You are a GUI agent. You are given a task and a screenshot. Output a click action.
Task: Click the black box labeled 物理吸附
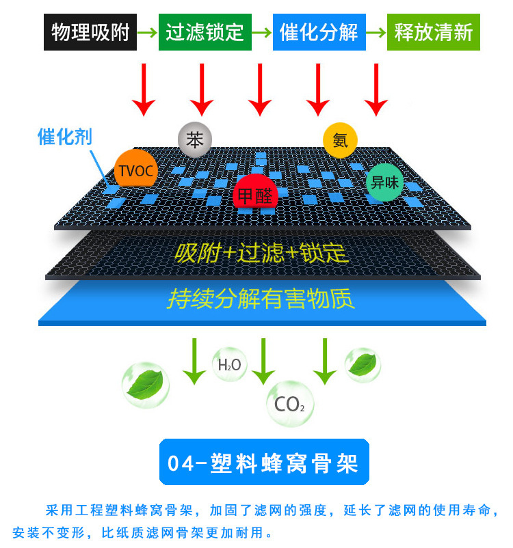point(90,32)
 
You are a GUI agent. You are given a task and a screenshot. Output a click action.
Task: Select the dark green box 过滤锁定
point(205,32)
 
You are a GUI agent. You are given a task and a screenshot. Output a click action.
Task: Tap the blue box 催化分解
point(319,32)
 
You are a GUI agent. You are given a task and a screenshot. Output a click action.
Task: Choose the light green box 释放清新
point(433,32)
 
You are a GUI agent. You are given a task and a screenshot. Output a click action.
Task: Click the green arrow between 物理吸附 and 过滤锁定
point(147,33)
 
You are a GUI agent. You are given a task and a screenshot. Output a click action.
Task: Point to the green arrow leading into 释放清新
point(376,33)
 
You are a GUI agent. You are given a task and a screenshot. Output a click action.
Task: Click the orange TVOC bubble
point(135,171)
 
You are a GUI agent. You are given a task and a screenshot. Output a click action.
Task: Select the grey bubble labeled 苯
point(195,140)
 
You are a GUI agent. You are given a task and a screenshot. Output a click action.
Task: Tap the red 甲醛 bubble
point(255,193)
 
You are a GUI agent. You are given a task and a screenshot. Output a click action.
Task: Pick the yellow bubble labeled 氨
point(340,141)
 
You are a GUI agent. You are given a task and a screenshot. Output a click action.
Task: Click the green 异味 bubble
point(384,182)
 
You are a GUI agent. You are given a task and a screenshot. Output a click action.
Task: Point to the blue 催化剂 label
point(65,136)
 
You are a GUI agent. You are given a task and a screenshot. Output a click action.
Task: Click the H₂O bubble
point(230,364)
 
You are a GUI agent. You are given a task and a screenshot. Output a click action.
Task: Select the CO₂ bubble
point(290,404)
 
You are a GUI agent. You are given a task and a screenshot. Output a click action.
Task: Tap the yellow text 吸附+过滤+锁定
point(261,252)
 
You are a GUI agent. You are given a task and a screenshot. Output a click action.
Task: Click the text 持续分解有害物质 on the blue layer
point(261,299)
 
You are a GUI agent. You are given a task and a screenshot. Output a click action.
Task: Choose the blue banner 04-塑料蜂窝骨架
point(264,462)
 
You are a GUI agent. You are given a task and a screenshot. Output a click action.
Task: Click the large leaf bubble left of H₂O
point(146,385)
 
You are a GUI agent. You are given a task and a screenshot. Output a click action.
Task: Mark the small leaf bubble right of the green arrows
point(363,365)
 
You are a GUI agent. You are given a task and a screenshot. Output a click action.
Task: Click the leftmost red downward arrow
point(144,90)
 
